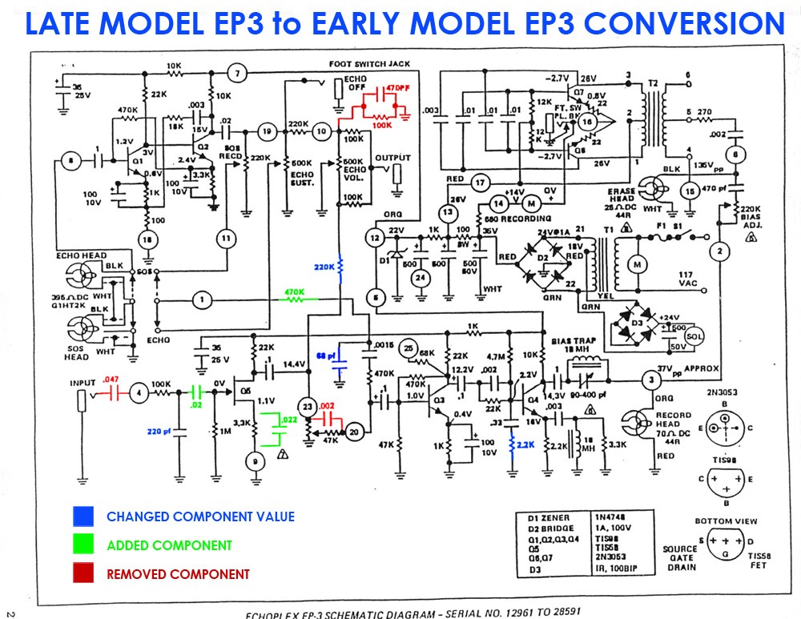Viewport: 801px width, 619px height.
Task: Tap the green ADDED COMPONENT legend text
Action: pyautogui.click(x=169, y=545)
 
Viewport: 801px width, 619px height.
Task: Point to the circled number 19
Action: pyautogui.click(x=268, y=131)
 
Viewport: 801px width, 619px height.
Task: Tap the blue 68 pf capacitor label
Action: pyautogui.click(x=327, y=354)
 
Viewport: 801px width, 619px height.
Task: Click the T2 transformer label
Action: pyautogui.click(x=653, y=84)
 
